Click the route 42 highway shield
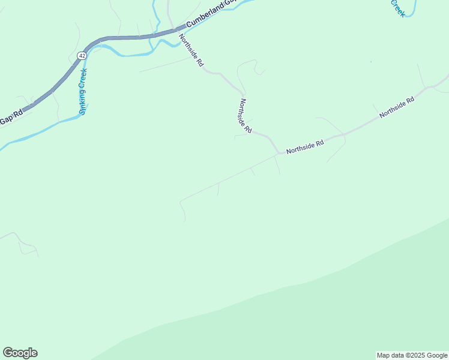click(x=80, y=56)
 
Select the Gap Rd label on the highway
click(x=10, y=117)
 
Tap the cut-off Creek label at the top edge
click(x=398, y=8)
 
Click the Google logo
click(x=20, y=353)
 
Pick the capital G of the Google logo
click(x=8, y=353)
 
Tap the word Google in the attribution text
click(x=437, y=355)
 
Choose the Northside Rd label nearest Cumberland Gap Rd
click(x=192, y=50)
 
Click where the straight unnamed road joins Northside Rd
click(x=278, y=154)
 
